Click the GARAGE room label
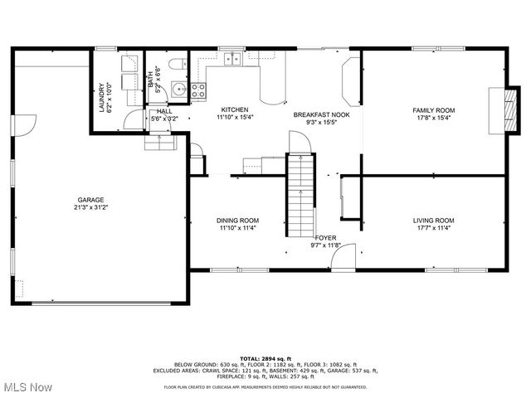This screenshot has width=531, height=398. [90, 200]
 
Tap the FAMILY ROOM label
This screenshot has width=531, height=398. [434, 110]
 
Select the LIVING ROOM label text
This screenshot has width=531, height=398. [434, 220]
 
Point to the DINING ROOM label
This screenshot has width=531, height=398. [238, 220]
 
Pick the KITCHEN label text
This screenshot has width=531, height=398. [234, 109]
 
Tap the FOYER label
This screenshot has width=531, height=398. [325, 237]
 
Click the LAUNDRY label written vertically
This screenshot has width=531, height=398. [101, 97]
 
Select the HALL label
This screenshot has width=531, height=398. [163, 110]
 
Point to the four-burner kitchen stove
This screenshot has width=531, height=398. [199, 91]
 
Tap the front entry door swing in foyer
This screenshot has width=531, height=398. [343, 258]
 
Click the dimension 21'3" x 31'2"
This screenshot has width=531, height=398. [90, 208]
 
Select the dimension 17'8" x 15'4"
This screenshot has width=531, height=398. [434, 119]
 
